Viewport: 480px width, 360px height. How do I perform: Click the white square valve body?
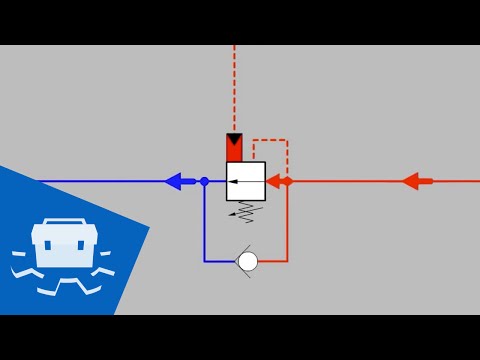246,181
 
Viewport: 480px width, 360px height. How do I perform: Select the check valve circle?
248,261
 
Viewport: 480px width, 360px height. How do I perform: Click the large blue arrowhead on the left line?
174,181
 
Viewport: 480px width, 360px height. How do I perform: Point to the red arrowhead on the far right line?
412,181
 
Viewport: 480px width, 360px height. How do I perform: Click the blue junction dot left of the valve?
204,181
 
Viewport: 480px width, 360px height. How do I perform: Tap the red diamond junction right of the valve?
287,181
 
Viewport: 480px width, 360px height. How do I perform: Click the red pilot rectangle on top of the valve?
234,148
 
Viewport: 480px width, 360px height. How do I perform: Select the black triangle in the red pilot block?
234,140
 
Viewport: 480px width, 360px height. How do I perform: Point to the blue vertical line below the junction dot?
204,225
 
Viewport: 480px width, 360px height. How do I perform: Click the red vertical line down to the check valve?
287,225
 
